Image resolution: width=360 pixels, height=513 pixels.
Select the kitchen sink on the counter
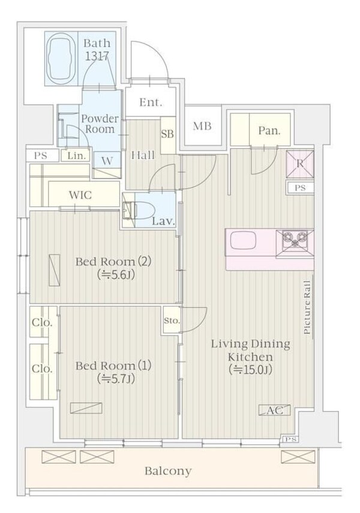243,241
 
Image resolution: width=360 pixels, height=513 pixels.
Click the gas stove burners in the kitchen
295,239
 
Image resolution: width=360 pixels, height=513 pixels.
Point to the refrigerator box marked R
300,164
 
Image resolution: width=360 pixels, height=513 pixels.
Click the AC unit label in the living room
274,410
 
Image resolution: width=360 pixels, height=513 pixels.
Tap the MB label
202,126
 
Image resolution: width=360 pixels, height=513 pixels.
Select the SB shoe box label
167,134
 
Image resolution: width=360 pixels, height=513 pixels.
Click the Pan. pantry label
269,131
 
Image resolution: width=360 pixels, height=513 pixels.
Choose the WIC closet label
80,196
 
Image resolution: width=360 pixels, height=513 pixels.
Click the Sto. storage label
172,320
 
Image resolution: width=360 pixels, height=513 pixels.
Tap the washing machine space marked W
107,161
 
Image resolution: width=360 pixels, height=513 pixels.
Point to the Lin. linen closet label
79,156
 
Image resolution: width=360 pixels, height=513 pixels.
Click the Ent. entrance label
151,103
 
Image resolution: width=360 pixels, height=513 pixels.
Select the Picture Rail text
307,307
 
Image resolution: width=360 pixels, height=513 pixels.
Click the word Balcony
168,471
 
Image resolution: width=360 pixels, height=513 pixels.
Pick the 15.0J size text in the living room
251,370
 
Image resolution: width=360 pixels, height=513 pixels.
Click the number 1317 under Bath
97,56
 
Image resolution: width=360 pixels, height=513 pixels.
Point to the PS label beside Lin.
41,156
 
